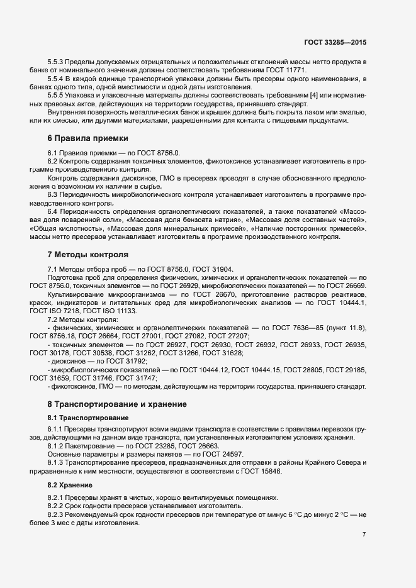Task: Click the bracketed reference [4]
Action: coord(311,95)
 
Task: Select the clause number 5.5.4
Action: coord(57,79)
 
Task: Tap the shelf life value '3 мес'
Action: coord(65,524)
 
